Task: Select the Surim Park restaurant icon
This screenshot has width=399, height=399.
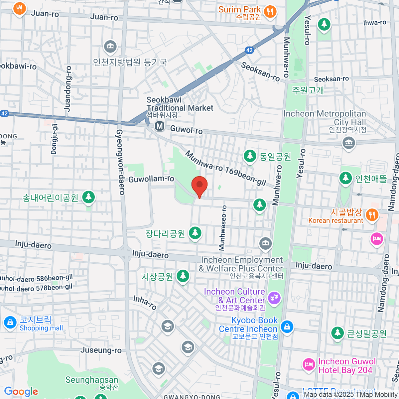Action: tap(270, 12)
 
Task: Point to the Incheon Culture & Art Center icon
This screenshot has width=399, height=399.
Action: tap(274, 298)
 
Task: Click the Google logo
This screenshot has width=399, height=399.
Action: tap(21, 392)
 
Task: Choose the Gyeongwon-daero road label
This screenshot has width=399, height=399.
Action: tap(120, 162)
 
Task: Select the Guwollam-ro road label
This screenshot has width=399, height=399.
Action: tap(151, 179)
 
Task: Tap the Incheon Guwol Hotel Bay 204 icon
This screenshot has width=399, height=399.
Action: tap(309, 364)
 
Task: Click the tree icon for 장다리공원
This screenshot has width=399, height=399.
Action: tap(195, 233)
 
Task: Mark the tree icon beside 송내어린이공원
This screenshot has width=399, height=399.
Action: tap(88, 197)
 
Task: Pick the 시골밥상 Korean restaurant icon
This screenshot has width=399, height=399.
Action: tap(372, 215)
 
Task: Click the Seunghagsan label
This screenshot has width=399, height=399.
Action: tap(92, 380)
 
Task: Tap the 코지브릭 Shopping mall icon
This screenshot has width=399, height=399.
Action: tap(10, 323)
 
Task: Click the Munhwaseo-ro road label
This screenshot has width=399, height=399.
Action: tap(222, 228)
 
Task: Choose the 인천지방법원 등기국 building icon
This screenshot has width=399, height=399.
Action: tap(110, 47)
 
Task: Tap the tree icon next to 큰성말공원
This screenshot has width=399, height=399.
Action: tap(337, 332)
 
